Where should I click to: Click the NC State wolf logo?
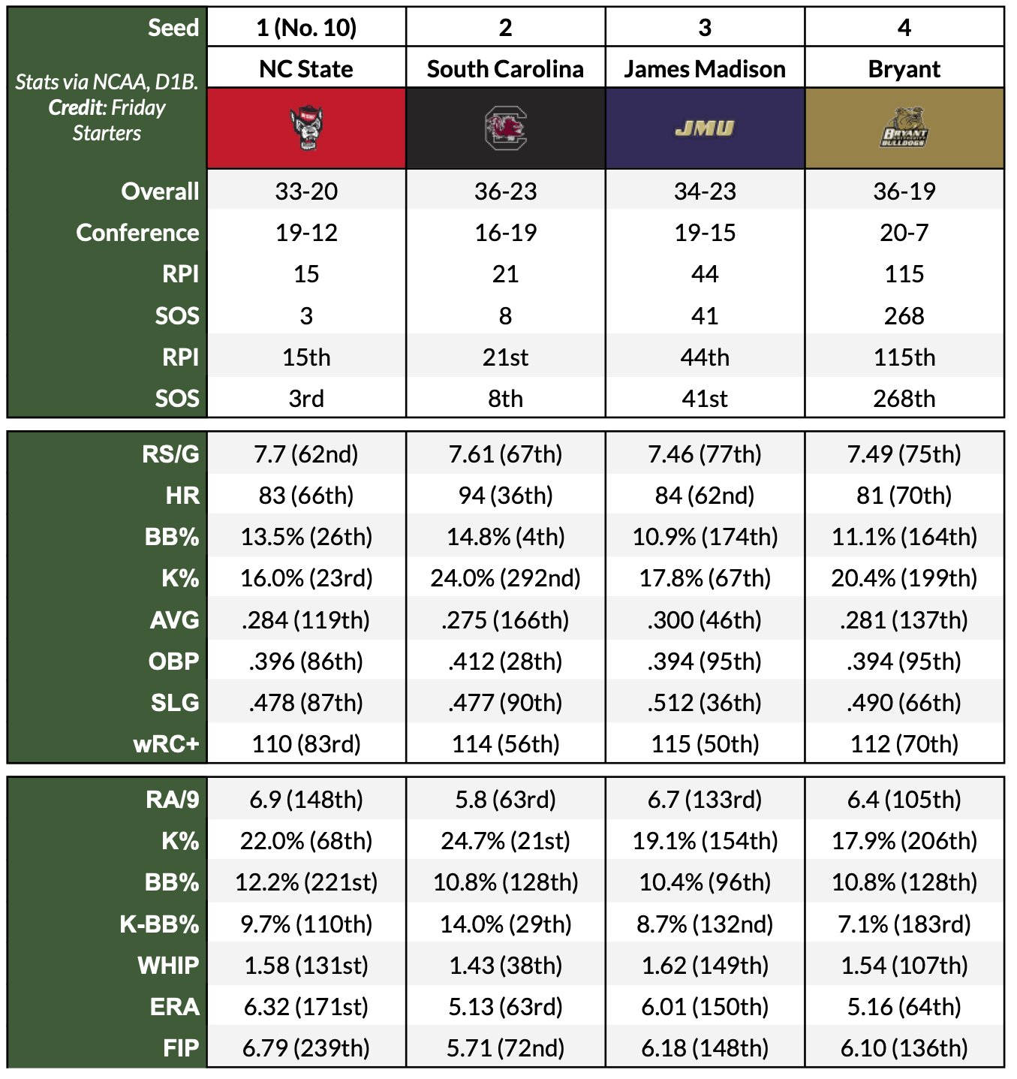[306, 128]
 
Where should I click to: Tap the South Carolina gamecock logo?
[505, 128]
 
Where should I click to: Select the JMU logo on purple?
[704, 128]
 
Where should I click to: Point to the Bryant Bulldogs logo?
[904, 128]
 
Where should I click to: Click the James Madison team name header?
[704, 69]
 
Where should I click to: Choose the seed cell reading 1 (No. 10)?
[306, 28]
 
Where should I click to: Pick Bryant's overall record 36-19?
[904, 191]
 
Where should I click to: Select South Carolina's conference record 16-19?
[505, 233]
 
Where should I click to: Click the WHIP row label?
[168, 966]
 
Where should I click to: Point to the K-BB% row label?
[159, 924]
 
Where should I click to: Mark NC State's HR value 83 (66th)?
[306, 496]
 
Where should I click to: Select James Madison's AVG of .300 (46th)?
[704, 620]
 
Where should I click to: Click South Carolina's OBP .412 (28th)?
[505, 662]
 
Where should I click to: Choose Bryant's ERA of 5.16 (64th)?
[904, 1007]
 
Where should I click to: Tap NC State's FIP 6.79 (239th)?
[306, 1048]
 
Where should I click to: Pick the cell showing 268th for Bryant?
[904, 399]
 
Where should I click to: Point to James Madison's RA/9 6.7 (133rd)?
[704, 800]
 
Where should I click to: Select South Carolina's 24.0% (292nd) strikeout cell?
[505, 578]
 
